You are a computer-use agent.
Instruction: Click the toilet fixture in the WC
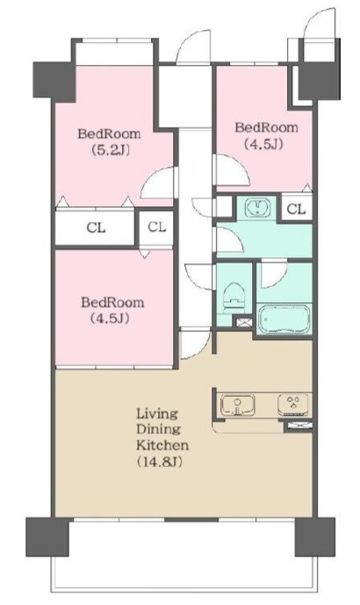[x=234, y=297]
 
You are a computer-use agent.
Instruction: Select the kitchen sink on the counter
[x=237, y=406]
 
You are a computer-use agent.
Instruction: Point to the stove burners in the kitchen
[x=293, y=405]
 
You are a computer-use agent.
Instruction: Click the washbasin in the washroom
[x=257, y=208]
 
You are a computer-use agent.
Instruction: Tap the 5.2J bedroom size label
[x=110, y=150]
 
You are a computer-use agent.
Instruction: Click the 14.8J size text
[x=159, y=462]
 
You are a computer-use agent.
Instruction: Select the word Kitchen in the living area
[x=162, y=445]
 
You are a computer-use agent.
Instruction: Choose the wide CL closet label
[x=96, y=227]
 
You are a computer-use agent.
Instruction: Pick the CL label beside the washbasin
[x=296, y=209]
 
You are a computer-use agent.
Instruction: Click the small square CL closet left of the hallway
[x=156, y=227]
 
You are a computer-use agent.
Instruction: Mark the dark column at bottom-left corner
[x=47, y=537]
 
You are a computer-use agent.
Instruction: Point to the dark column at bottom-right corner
[x=315, y=537]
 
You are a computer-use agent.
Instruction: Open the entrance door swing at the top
[x=193, y=47]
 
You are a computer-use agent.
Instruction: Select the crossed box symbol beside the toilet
[x=243, y=322]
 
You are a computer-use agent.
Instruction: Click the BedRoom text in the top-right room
[x=266, y=127]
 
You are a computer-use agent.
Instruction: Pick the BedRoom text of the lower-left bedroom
[x=112, y=302]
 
